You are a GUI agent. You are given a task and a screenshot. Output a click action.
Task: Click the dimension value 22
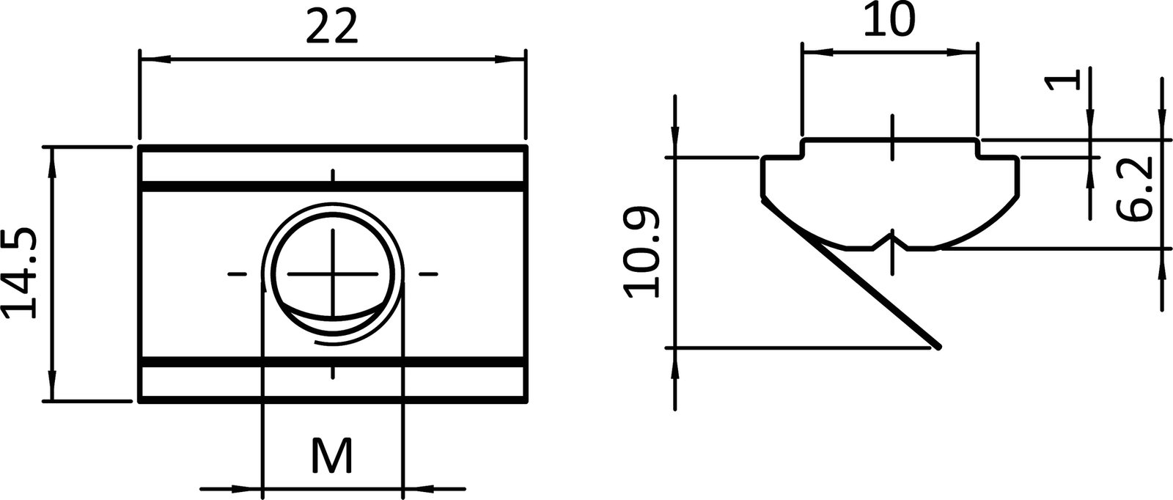[x=331, y=29]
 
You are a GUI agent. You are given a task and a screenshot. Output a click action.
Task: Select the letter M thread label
[x=332, y=456]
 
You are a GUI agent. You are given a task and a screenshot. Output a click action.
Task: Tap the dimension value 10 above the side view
[x=889, y=21]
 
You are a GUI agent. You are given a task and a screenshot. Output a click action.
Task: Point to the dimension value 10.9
[x=642, y=253]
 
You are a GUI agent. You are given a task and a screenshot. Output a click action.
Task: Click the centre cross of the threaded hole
[x=332, y=274]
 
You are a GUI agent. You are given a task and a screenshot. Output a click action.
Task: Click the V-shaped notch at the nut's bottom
[x=892, y=238]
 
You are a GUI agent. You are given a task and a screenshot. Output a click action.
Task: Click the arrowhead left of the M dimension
[x=246, y=488]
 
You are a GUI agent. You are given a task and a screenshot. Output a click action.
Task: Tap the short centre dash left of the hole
[x=236, y=274]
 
